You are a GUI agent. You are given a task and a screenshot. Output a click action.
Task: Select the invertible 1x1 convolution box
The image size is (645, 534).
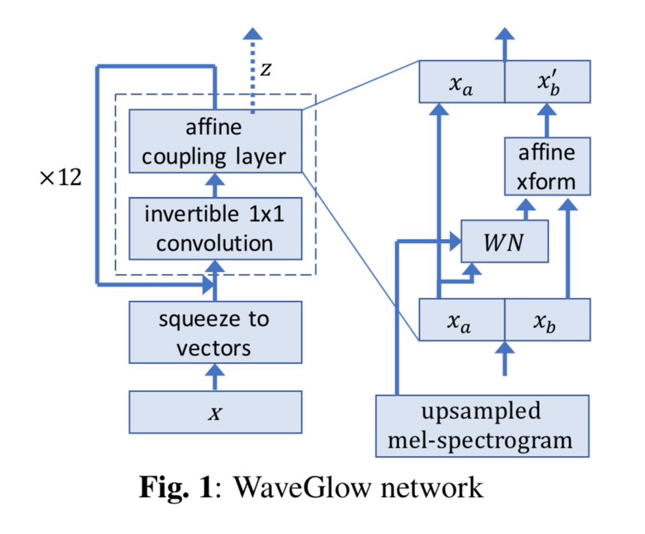coord(215,228)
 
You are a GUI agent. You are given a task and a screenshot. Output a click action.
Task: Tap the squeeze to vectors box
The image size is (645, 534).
coord(215,333)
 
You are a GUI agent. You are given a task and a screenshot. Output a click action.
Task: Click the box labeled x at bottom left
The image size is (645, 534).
coord(215,412)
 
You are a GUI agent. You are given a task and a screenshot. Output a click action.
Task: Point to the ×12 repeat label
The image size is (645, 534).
coord(60,178)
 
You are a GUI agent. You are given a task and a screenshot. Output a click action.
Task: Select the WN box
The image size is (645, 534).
coord(505,241)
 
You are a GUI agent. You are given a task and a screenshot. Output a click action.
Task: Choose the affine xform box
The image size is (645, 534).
coord(546,166)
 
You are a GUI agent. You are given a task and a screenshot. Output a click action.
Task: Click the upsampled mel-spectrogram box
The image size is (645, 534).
coord(482,425)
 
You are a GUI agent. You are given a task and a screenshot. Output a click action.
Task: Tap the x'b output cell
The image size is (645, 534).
coord(546,82)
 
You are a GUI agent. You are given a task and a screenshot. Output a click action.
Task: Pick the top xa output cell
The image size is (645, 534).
coord(461,82)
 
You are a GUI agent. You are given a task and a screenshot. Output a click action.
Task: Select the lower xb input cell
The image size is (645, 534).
coord(546,320)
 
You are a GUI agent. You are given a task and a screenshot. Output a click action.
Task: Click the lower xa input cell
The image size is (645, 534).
coord(461,320)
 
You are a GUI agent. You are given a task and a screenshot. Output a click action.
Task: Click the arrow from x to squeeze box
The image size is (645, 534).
coord(216,377)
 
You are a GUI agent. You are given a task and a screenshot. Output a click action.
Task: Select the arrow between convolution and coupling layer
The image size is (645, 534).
coord(216,183)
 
